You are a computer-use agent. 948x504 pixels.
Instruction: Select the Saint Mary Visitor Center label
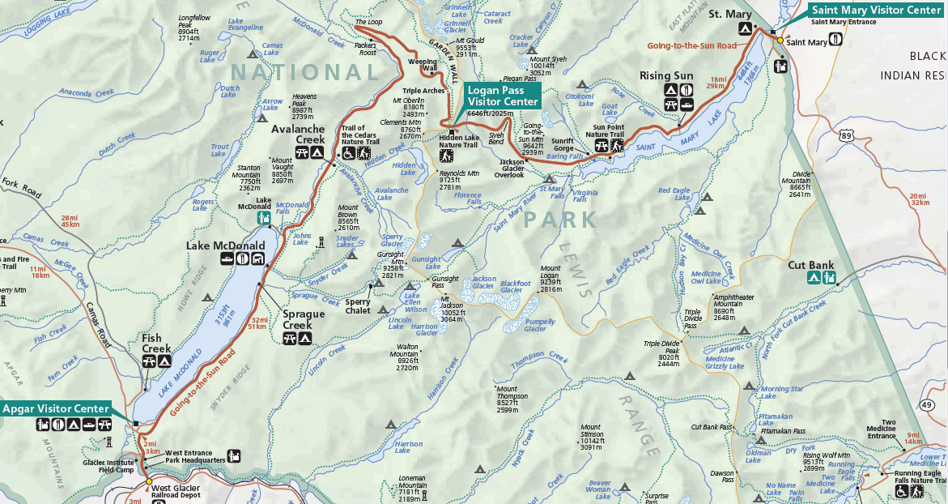click(x=877, y=10)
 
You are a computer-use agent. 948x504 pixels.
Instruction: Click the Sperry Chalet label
click(x=357, y=305)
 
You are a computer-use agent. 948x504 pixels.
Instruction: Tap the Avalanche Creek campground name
click(x=297, y=134)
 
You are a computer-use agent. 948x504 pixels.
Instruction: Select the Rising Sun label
click(x=666, y=75)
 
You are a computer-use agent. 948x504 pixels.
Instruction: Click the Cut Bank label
click(x=812, y=264)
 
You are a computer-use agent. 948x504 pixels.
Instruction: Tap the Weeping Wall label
click(x=423, y=65)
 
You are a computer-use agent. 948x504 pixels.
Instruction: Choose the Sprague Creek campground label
click(x=304, y=319)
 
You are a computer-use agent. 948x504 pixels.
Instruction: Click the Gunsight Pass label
click(x=444, y=282)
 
